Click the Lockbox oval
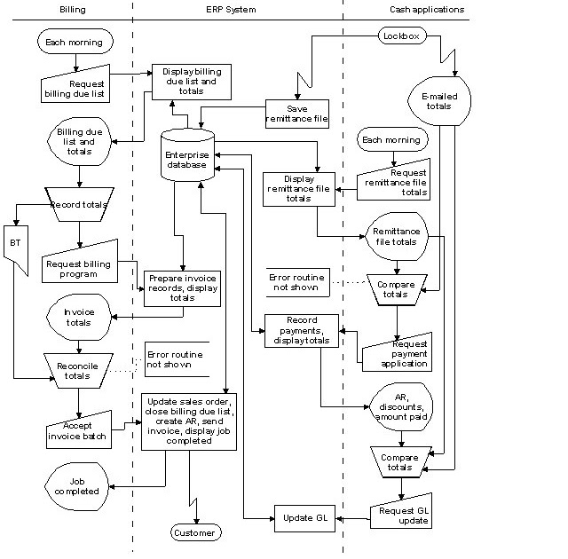pyautogui.click(x=403, y=35)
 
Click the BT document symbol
pyautogui.click(x=15, y=241)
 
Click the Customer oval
pyautogui.click(x=194, y=532)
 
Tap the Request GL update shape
pyautogui.click(x=402, y=513)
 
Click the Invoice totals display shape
pyautogui.click(x=78, y=317)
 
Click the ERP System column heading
pyautogui.click(x=225, y=9)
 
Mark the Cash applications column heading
pyautogui.click(x=427, y=9)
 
